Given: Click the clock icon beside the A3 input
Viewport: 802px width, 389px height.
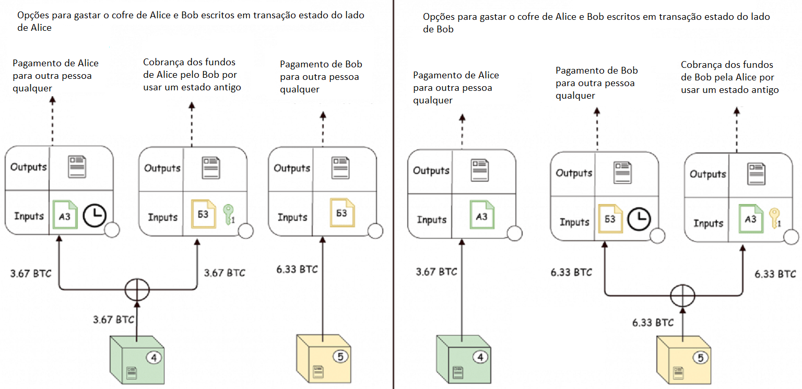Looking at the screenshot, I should coord(95,215).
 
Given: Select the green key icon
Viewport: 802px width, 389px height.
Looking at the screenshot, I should coord(228,215).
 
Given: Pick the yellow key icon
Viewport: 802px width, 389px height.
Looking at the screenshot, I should coord(774,218).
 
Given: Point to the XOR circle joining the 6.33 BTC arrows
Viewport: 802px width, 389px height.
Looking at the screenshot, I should coord(683,296).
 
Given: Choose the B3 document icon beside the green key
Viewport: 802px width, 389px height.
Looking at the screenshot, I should coord(203,215).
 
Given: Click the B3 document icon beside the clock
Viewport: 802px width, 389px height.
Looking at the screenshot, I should coord(610,219).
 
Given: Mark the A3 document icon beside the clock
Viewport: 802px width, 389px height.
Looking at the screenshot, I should coord(65,215).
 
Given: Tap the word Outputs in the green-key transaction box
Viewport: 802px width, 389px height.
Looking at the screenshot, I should coord(162,168).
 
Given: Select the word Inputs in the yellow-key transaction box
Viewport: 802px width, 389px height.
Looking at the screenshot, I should coord(708,223).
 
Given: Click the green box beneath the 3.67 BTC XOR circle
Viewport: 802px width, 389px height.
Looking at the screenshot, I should coord(136,360).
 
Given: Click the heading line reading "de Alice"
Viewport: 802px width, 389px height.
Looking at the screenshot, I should coord(34,28).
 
